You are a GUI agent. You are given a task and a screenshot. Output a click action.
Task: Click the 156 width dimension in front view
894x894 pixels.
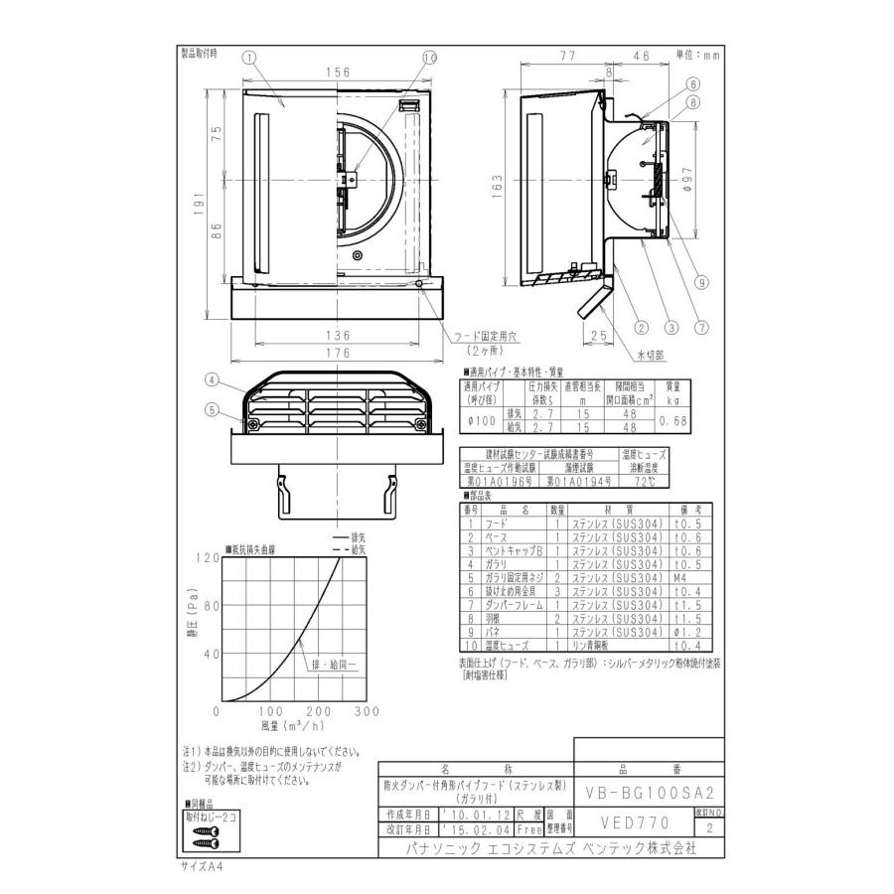[338, 72]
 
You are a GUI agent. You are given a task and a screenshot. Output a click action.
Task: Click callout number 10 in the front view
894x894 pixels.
[429, 59]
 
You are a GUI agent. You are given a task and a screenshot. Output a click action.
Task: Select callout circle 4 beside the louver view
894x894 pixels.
[213, 379]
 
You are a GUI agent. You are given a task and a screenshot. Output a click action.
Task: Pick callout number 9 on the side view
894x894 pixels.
[702, 282]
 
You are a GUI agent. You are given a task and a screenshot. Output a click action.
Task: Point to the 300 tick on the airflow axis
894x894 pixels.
[367, 711]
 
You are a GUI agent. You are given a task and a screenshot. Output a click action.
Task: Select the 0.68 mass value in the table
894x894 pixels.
[672, 422]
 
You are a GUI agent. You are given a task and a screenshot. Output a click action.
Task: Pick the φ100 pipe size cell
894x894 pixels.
[482, 422]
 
